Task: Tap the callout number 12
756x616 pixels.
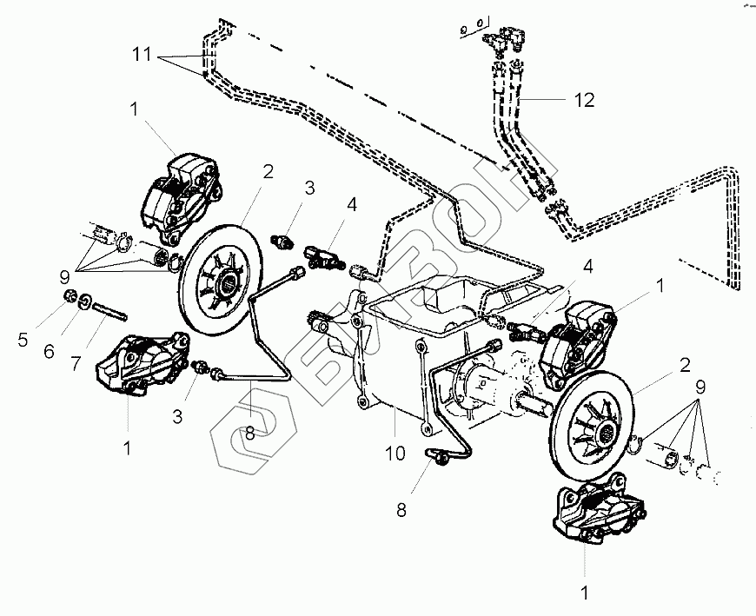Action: (585, 100)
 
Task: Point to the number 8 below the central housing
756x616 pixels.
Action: (401, 511)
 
